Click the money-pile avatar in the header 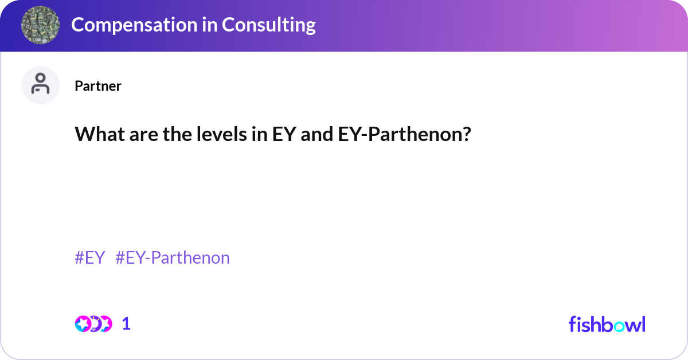[41, 25]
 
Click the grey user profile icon [40, 85]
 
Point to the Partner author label [97, 86]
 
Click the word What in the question [95, 135]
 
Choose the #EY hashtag [89, 258]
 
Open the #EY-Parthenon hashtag [173, 258]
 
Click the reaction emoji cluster [93, 324]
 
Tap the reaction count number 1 [127, 324]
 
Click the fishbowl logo [607, 324]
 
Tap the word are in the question [135, 135]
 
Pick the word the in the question [170, 135]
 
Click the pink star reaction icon [83, 324]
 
